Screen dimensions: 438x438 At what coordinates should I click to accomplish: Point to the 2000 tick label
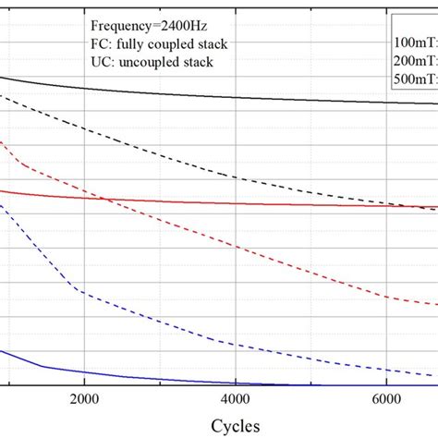(84, 400)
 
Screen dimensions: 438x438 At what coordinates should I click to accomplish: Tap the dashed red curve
(231, 243)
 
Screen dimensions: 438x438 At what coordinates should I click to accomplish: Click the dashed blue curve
(185, 322)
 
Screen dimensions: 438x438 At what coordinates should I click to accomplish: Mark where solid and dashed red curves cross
(104, 198)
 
